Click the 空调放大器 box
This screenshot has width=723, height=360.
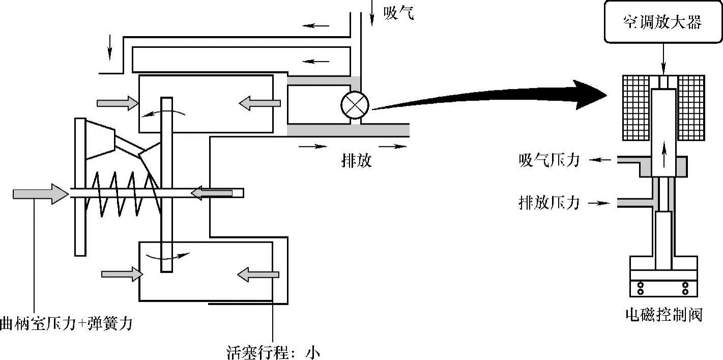[662, 22]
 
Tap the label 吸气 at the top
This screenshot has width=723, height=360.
[399, 14]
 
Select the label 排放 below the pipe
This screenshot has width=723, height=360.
[356, 161]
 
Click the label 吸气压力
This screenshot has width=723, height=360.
[549, 161]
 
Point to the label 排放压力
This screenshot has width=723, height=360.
[549, 203]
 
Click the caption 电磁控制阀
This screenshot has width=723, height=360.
[663, 315]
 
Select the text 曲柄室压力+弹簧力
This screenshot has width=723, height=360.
[66, 323]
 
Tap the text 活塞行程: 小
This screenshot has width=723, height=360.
[273, 352]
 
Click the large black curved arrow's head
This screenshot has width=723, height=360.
[593, 95]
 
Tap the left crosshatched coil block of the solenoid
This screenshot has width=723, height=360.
[636, 107]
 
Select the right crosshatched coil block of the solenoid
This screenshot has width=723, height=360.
[691, 107]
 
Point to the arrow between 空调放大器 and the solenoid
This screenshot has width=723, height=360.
[663, 59]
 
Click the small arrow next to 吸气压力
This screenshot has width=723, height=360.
[600, 160]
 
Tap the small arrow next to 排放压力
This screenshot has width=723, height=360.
[599, 203]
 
